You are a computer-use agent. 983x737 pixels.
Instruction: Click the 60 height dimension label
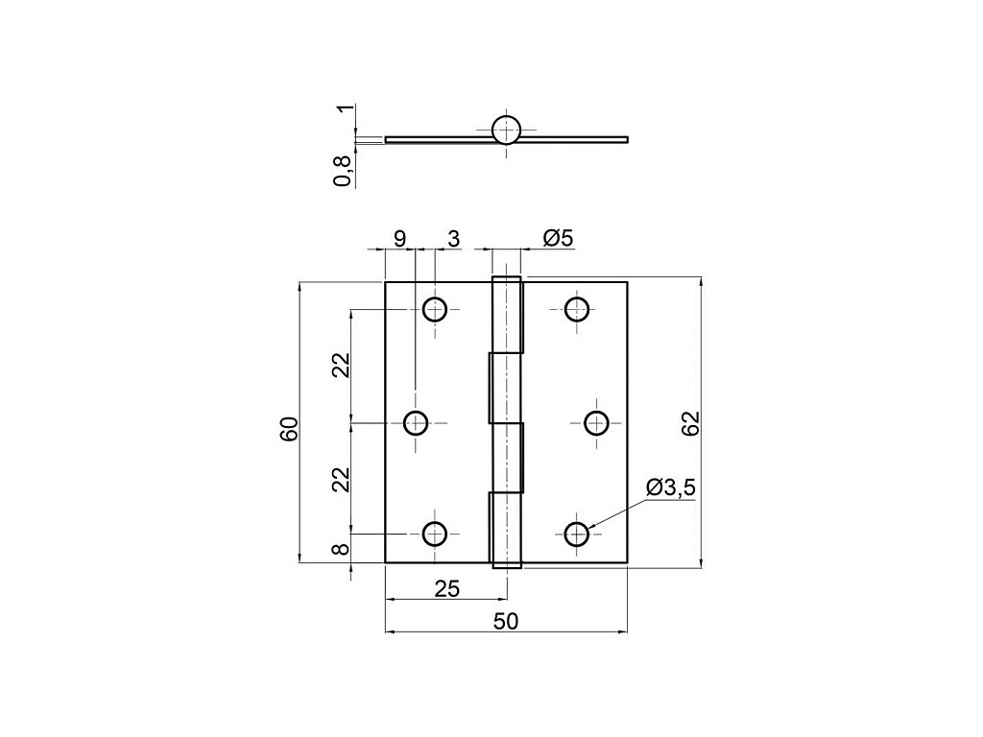point(290,429)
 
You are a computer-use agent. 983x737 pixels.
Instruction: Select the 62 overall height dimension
point(689,423)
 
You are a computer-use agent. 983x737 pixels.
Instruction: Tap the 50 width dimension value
point(506,621)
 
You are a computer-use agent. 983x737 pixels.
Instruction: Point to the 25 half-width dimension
point(447,588)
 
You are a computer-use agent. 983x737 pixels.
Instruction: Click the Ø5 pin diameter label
point(558,238)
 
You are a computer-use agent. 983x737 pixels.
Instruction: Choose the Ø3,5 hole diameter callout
point(670,487)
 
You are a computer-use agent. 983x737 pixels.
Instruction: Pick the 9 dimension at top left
point(399,238)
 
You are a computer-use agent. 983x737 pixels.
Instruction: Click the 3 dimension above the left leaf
point(453,238)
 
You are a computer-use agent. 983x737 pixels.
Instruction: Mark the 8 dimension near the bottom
point(340,549)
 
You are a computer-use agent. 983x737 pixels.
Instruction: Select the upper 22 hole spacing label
point(340,366)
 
